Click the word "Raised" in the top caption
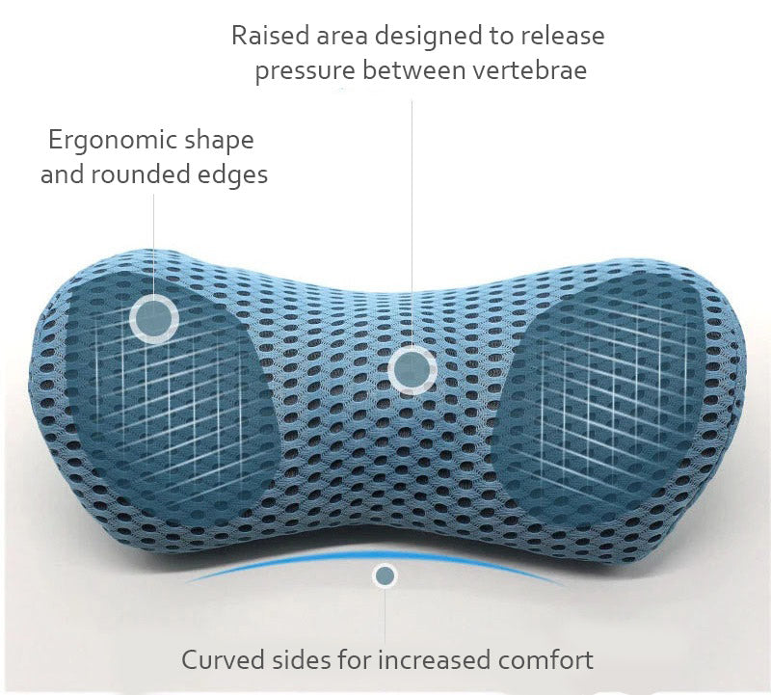tap(267, 36)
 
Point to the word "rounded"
tap(156, 175)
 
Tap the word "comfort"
tap(545, 660)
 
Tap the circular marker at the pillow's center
tap(412, 366)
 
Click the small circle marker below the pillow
tap(385, 576)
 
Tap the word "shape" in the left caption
tap(218, 141)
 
